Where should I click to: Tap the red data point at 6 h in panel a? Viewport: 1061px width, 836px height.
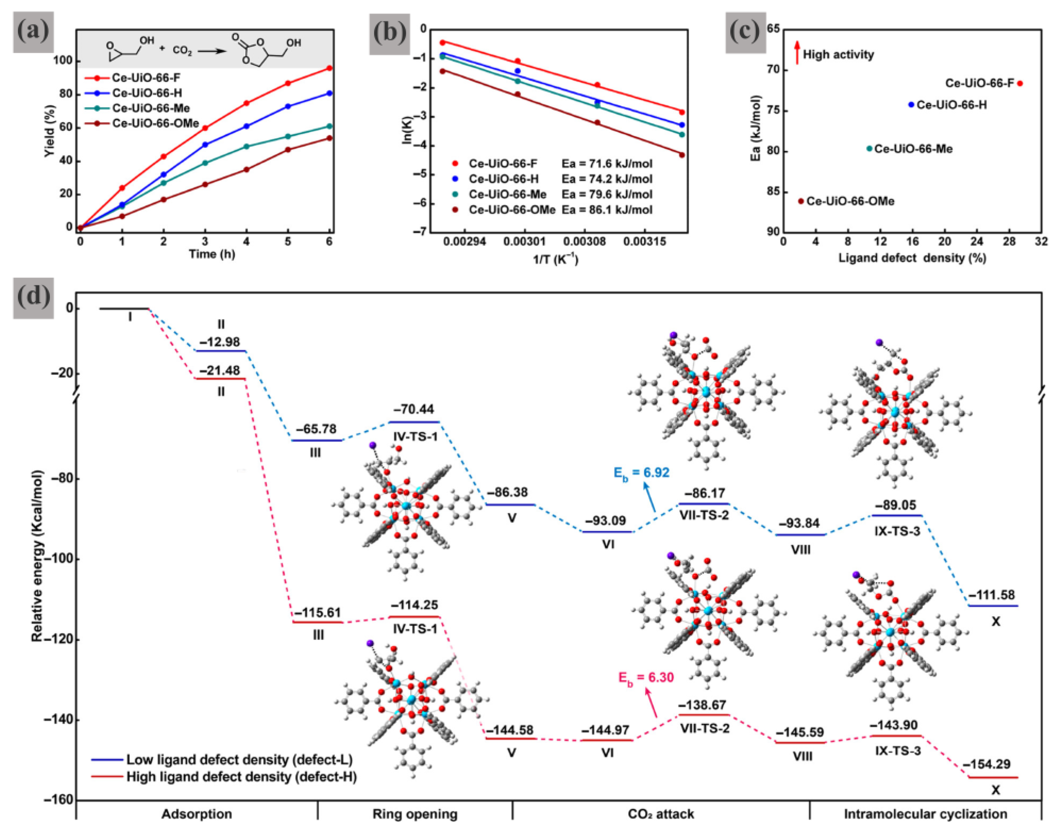coord(329,68)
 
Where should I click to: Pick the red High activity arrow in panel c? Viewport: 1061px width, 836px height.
coord(797,53)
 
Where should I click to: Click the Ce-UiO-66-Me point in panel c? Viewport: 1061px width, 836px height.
coord(869,148)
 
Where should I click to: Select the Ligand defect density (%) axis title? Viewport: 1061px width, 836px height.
coord(912,258)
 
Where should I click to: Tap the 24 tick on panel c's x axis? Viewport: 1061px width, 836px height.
coord(976,241)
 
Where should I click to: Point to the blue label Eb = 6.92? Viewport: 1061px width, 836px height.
coord(641,473)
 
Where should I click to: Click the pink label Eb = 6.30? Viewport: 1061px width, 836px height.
coord(646,678)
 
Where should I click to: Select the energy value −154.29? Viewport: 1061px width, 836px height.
coord(986,764)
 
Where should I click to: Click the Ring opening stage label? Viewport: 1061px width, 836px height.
coord(415,814)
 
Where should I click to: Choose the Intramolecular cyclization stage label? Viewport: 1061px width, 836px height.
coord(925,814)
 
